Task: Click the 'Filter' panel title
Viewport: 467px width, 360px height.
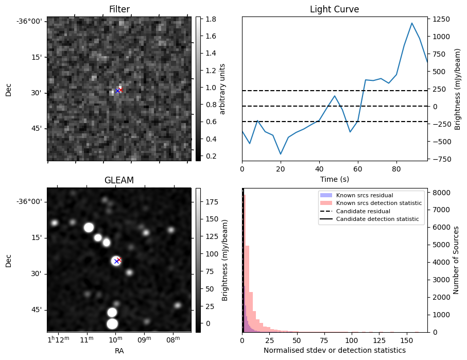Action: click(x=119, y=9)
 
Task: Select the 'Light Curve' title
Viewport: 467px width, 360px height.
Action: click(x=334, y=9)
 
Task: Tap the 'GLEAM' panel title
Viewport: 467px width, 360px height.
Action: click(x=119, y=180)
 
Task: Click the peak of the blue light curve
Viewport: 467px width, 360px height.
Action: click(x=412, y=23)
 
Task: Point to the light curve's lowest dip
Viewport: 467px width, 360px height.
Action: click(x=281, y=154)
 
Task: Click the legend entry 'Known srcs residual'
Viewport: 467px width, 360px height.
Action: click(x=364, y=195)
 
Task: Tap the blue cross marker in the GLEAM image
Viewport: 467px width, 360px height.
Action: click(x=116, y=261)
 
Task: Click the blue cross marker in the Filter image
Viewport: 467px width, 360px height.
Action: click(x=117, y=91)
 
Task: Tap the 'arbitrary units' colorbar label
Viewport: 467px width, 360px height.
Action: click(x=222, y=89)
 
